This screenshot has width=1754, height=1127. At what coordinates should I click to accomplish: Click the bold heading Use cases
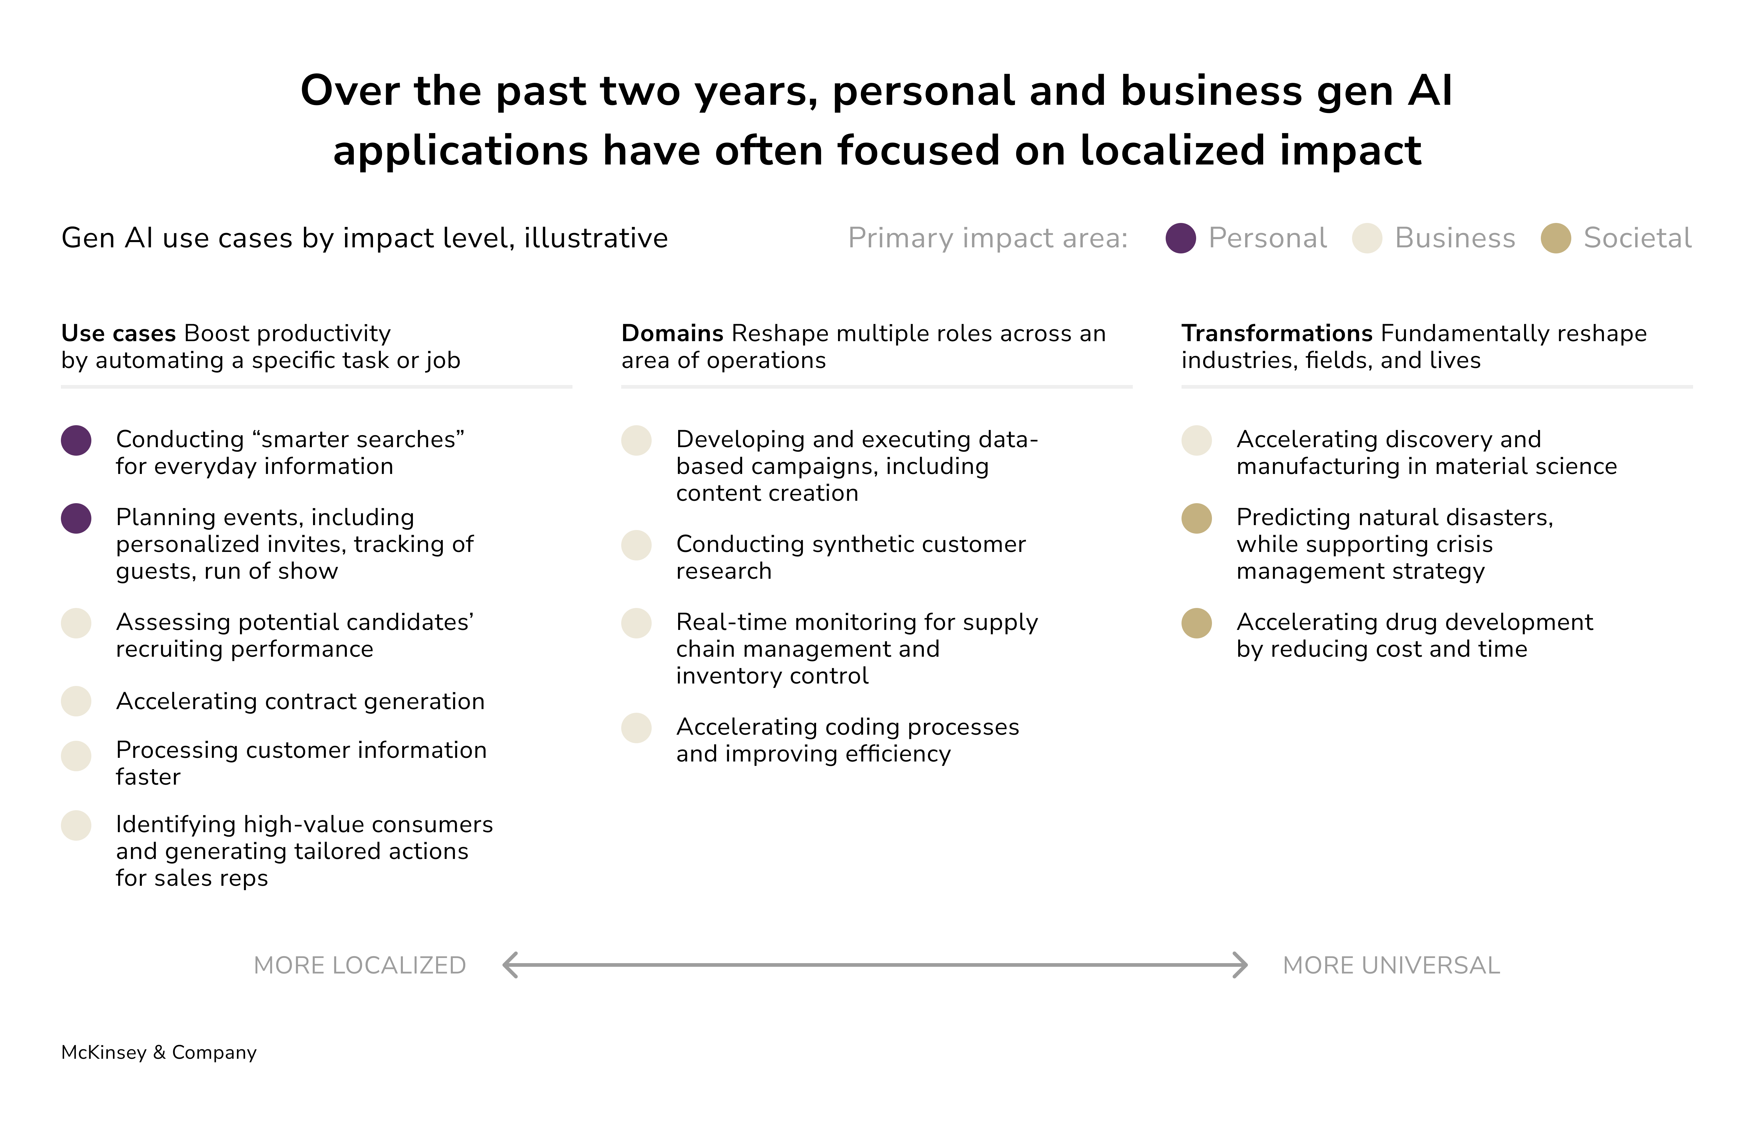click(118, 334)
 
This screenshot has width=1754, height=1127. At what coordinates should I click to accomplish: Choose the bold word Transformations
click(1276, 334)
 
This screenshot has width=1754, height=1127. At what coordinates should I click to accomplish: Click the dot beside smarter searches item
click(76, 440)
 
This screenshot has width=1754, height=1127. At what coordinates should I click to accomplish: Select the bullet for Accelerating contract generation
click(76, 701)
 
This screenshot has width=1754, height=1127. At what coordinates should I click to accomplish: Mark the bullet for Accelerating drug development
click(1197, 624)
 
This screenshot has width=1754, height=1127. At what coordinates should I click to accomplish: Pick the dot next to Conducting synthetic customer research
click(636, 545)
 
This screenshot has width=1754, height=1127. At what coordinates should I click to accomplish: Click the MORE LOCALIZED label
click(359, 965)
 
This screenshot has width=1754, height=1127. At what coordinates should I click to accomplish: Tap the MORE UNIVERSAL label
click(1391, 965)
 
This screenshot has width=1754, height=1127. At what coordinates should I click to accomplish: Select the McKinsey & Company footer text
click(159, 1052)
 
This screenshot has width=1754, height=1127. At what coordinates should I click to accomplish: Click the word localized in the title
click(1172, 151)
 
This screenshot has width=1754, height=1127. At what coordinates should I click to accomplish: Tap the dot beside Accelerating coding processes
click(636, 728)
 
